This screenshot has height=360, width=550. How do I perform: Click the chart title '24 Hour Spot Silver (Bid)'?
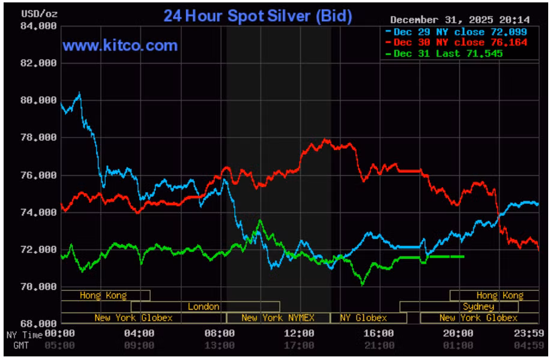click(x=258, y=16)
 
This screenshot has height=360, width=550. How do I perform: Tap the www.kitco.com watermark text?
click(x=120, y=46)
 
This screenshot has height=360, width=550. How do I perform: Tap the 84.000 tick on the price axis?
click(x=39, y=26)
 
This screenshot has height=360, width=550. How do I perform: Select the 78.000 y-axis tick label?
click(x=39, y=137)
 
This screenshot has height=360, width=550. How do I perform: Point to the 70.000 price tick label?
click(x=39, y=287)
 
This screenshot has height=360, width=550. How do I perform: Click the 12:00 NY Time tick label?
click(x=299, y=334)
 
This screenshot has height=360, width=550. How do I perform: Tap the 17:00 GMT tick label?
click(x=299, y=346)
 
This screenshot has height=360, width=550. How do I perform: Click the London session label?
click(x=204, y=307)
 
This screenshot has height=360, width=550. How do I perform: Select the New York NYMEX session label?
click(x=277, y=318)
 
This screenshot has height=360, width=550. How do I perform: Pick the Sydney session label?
click(x=479, y=307)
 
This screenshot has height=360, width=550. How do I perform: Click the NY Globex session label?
click(x=363, y=318)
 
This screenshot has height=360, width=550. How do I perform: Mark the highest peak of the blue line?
click(x=79, y=93)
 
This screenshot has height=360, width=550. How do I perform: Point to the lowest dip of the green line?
click(x=362, y=283)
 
